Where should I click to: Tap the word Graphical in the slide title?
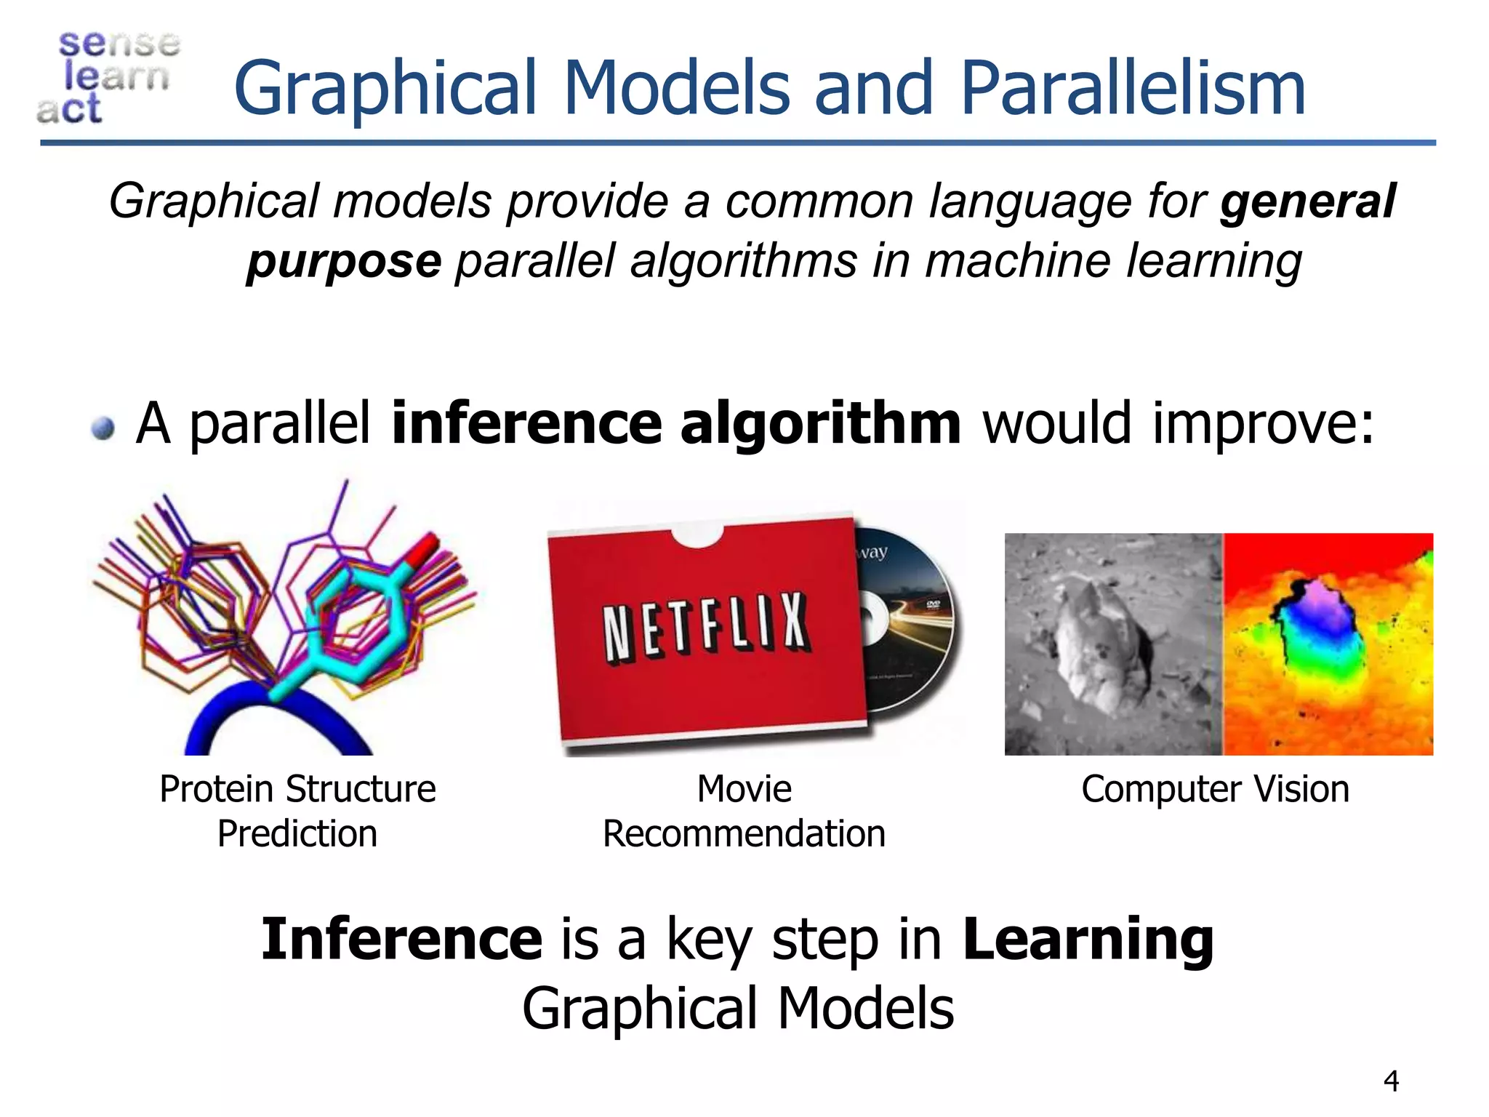[x=385, y=89]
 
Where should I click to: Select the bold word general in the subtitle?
[x=1307, y=201]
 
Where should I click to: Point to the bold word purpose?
[x=344, y=261]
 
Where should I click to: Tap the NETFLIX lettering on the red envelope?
[x=705, y=627]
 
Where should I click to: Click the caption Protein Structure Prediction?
[x=297, y=811]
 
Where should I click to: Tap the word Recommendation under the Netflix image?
[x=744, y=834]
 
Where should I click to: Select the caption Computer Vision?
[x=1215, y=790]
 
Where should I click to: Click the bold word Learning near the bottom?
[x=1088, y=939]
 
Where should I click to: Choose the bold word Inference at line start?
[x=401, y=939]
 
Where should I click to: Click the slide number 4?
[x=1391, y=1081]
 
